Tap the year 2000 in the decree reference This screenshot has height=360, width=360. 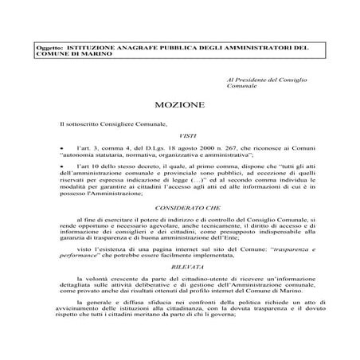tap(170, 149)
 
